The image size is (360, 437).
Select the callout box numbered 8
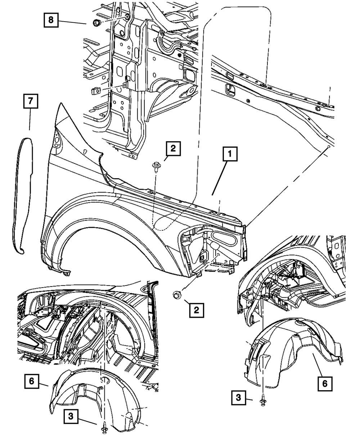(51, 20)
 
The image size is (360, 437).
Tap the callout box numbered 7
(31, 103)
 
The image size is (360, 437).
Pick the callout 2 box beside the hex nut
(197, 309)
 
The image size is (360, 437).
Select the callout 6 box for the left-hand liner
(32, 381)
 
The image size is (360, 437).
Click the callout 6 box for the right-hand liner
(325, 384)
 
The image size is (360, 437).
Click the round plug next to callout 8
(96, 23)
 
